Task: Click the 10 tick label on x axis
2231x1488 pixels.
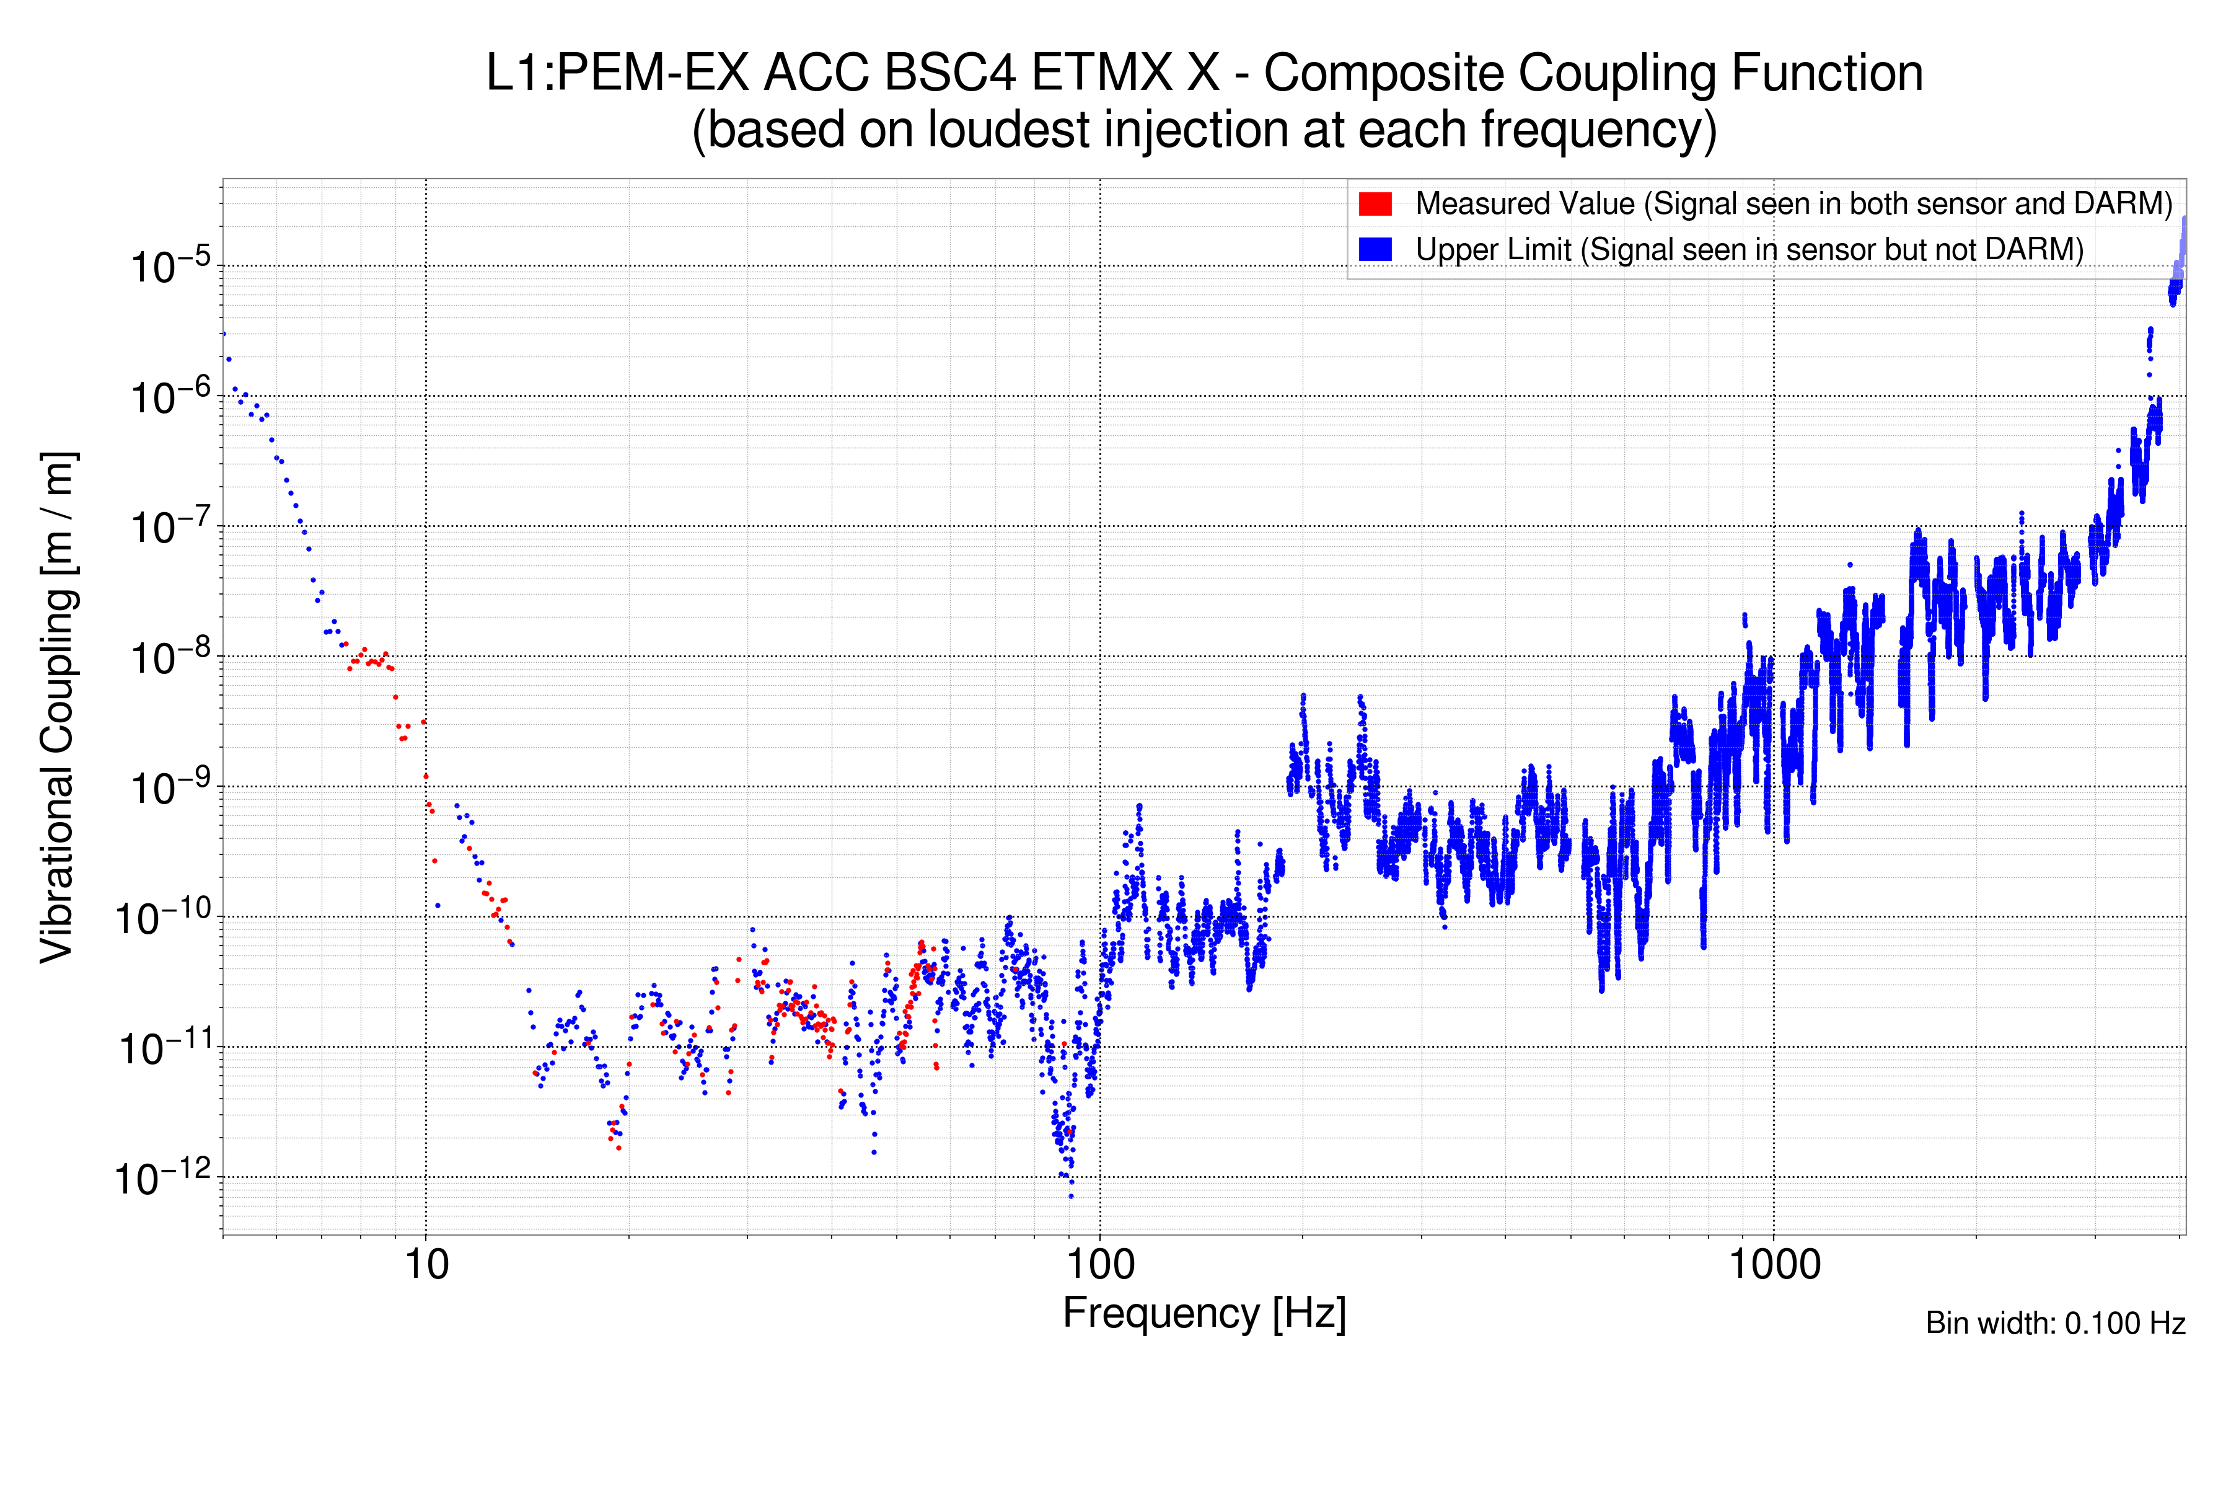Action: [426, 1265]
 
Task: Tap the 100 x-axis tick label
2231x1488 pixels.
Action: [1101, 1265]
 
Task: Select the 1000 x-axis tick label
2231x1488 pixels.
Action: [1774, 1265]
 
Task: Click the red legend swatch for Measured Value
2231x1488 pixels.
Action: [1375, 204]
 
